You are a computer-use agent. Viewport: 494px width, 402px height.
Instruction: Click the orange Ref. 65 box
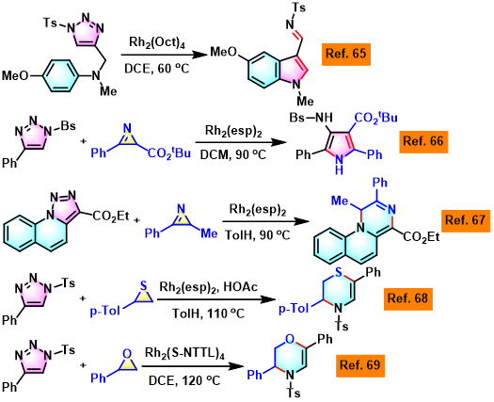coord(346,54)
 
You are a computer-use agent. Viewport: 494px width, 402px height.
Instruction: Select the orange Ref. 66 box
coord(423,141)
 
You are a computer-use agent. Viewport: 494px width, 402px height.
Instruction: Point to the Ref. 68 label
coord(408,298)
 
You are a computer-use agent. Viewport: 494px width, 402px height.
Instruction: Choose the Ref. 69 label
coord(360,365)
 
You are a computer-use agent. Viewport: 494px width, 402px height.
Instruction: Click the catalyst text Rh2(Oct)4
coord(156,43)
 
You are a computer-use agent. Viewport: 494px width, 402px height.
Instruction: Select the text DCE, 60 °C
coord(156,68)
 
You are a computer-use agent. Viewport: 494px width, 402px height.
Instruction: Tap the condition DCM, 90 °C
coord(233,154)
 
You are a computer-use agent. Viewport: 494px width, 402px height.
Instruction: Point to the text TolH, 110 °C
coord(208,314)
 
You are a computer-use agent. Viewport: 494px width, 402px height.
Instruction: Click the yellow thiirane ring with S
coord(144,296)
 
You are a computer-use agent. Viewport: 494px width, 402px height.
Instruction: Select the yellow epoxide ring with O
coord(127,362)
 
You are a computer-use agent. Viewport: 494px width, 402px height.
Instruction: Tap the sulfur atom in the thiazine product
coord(339,272)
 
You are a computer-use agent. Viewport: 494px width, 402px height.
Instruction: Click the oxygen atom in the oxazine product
coord(290,339)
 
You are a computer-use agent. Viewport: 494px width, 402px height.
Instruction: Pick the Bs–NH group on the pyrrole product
coord(311,118)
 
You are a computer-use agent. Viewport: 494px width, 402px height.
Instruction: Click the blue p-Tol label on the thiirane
coord(104,312)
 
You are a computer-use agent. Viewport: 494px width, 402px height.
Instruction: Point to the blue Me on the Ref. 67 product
coord(340,201)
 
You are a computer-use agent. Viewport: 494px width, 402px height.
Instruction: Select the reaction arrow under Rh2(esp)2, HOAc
coord(216,299)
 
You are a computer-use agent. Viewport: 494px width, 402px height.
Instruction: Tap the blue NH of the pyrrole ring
coord(339,165)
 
